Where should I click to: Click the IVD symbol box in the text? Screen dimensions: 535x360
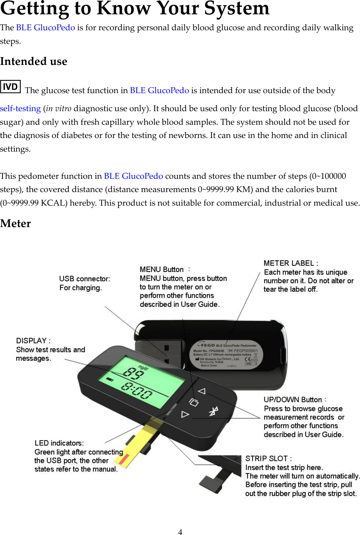point(11,87)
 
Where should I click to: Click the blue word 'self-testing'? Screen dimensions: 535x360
point(20,108)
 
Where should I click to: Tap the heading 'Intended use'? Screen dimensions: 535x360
point(34,62)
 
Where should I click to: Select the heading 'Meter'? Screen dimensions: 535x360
point(15,224)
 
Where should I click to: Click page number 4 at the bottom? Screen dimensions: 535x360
point(180,532)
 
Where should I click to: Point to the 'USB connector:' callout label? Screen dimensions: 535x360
point(85,279)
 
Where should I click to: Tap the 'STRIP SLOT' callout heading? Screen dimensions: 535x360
point(268,459)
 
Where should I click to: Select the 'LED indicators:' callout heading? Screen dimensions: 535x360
point(59,443)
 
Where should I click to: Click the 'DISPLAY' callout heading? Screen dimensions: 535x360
point(33,341)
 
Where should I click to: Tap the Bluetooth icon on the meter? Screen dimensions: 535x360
point(213,411)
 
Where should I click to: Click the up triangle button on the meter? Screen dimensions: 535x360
point(202,391)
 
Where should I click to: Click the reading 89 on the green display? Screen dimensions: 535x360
point(133,374)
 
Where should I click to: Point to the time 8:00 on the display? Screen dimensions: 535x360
point(137,391)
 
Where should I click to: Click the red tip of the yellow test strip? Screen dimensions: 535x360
point(124,460)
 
